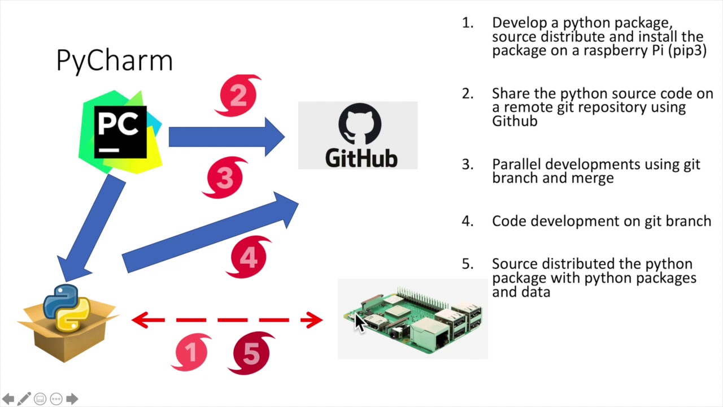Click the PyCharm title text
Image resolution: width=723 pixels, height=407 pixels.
(x=115, y=60)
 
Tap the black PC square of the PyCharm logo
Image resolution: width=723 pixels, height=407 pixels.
(x=120, y=132)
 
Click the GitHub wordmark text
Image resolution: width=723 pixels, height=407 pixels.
(x=361, y=158)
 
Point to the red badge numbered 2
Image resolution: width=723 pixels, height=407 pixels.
(x=238, y=96)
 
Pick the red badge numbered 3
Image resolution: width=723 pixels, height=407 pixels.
(x=225, y=177)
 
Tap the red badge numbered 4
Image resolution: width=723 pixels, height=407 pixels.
(x=249, y=257)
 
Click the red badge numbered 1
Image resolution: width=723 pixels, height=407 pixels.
(x=191, y=352)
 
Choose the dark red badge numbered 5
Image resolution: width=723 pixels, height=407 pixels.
(x=251, y=353)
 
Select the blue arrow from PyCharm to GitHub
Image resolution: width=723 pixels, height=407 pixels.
(x=227, y=137)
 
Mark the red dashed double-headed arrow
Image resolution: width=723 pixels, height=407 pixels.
(x=227, y=320)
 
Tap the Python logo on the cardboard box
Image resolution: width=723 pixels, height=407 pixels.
(x=67, y=308)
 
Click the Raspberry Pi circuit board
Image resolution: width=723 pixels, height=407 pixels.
(x=413, y=319)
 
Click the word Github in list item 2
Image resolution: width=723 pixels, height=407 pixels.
(x=515, y=122)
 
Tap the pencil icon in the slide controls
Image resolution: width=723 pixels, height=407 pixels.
(x=24, y=399)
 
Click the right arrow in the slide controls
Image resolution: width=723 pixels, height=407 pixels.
(x=72, y=399)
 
